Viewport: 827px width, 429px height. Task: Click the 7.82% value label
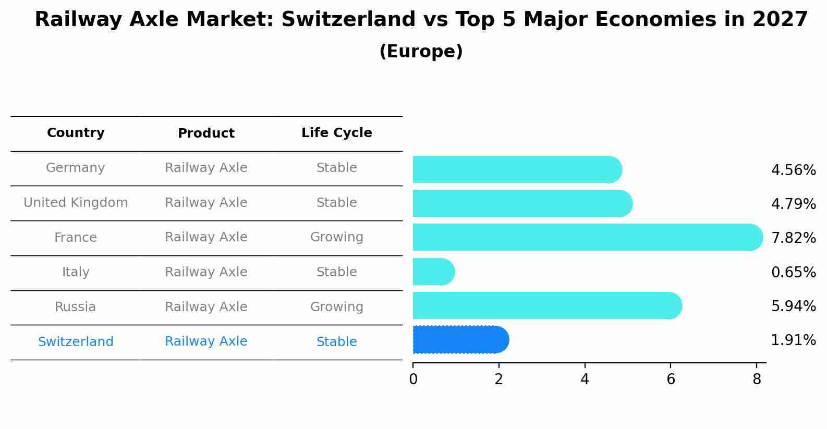click(x=793, y=238)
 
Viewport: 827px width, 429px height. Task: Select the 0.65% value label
click(x=793, y=272)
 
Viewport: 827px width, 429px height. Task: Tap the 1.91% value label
click(x=793, y=340)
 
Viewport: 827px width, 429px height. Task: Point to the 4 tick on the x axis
click(x=585, y=379)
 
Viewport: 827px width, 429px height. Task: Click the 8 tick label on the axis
click(x=757, y=379)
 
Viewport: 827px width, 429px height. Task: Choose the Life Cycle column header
click(x=336, y=133)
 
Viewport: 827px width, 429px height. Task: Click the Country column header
click(x=76, y=133)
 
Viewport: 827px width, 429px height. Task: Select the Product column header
click(x=206, y=133)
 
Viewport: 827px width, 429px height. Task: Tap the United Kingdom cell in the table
click(x=76, y=203)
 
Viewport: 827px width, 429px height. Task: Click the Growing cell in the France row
click(x=336, y=237)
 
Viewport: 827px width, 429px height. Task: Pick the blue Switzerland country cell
click(x=76, y=342)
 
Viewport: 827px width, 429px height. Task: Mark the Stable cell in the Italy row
click(x=336, y=272)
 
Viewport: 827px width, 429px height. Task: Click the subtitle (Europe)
click(x=421, y=52)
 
